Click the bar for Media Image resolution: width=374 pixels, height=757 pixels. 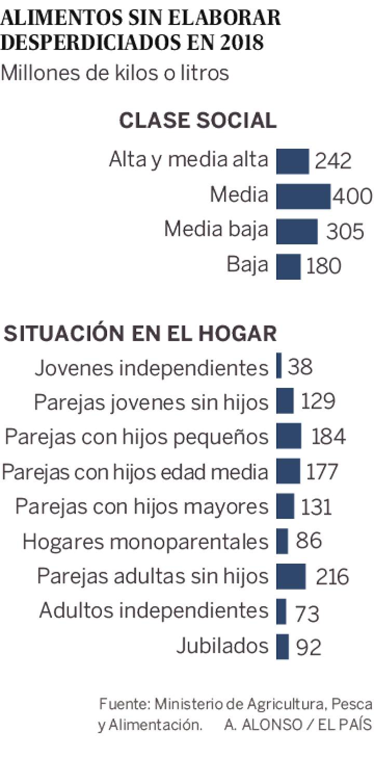click(x=303, y=196)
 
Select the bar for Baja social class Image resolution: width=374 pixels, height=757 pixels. click(x=288, y=266)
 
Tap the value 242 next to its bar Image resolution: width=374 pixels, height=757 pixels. click(x=333, y=161)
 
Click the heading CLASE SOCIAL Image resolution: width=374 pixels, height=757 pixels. click(x=198, y=121)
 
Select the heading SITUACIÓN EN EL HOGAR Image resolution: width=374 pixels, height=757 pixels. click(x=140, y=333)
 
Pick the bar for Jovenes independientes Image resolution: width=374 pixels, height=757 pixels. click(x=279, y=366)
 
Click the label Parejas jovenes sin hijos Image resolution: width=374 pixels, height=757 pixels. click(x=151, y=402)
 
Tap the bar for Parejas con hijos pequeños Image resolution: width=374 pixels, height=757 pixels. click(x=289, y=436)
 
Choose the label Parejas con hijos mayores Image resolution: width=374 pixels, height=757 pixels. click(x=142, y=506)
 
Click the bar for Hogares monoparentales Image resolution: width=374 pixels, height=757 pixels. click(x=282, y=541)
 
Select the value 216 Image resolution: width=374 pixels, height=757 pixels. click(x=332, y=577)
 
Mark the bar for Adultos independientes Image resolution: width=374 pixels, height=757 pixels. click(x=281, y=611)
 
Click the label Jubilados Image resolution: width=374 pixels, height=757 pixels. click(x=222, y=646)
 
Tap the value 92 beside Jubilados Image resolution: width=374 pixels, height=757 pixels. click(x=309, y=647)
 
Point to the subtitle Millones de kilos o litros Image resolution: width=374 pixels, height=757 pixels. click(x=115, y=73)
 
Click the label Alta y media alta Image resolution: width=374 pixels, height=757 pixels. click(x=189, y=160)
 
